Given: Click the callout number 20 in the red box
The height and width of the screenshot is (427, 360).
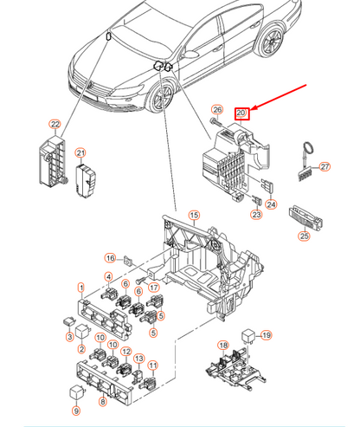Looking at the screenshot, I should click(241, 113).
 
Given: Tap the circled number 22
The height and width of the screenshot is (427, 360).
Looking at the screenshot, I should click(54, 125).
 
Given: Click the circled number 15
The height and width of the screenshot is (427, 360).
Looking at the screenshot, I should click(194, 215).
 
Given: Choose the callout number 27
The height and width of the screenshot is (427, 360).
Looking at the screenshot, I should click(325, 167).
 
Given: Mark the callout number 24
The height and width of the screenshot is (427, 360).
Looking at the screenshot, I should click(271, 205).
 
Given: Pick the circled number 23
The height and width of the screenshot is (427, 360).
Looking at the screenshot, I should click(256, 214).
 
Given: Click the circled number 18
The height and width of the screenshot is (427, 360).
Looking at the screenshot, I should click(223, 346).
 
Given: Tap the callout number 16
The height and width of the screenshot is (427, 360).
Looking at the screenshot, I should click(110, 258).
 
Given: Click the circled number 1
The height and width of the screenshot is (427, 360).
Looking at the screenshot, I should click(80, 288).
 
